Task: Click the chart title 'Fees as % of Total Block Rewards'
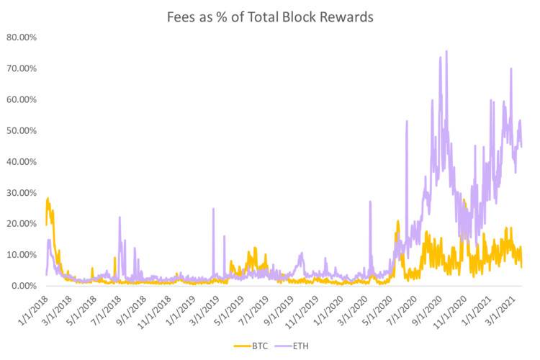(x=270, y=17)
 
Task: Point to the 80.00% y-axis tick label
(x=23, y=37)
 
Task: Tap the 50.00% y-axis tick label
(x=23, y=130)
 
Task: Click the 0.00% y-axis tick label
(x=25, y=286)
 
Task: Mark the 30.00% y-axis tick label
(x=23, y=192)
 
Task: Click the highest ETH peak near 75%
(x=446, y=51)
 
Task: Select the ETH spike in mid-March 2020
(x=370, y=202)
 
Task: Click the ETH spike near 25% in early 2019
(x=213, y=209)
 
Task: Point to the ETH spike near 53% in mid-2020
(x=407, y=121)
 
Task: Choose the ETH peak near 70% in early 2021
(x=511, y=69)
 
